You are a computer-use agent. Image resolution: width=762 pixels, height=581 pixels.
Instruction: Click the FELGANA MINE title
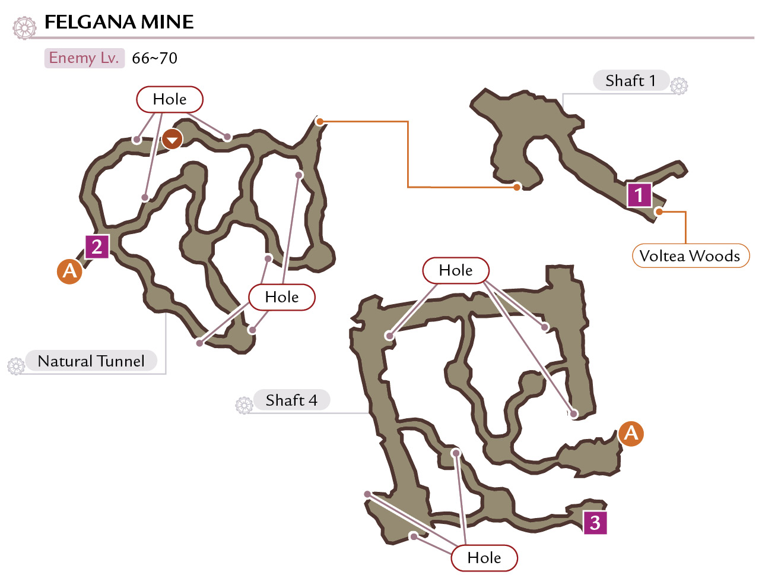[x=119, y=22]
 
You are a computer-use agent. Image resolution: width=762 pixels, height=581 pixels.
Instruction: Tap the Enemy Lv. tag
[x=84, y=58]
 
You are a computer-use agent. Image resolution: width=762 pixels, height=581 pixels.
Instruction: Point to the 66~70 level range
[x=154, y=58]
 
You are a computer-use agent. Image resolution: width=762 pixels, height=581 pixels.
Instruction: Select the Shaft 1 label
[x=630, y=81]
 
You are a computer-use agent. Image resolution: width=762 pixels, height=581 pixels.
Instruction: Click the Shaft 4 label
[x=291, y=400]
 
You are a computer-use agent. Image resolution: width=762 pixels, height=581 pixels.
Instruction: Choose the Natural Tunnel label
[x=91, y=361]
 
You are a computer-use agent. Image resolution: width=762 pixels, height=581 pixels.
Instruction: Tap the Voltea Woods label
[x=690, y=256]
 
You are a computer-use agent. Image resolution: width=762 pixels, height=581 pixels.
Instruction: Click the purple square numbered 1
[x=639, y=195]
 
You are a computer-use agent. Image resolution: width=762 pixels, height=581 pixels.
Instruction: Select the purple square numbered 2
[x=97, y=247]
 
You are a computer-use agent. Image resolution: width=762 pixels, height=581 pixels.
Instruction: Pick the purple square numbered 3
[x=595, y=523]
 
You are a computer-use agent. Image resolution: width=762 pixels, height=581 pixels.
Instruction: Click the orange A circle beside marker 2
[x=69, y=271]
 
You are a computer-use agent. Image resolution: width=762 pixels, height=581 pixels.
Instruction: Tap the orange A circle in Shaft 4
[x=631, y=434]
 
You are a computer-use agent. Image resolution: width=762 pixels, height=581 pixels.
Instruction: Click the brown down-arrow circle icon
[x=172, y=139]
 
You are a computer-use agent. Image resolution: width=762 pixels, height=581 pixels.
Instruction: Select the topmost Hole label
[x=170, y=99]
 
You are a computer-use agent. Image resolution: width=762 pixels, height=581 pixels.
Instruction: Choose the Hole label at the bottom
[x=484, y=558]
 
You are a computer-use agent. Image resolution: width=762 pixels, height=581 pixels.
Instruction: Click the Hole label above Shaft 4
[x=456, y=270]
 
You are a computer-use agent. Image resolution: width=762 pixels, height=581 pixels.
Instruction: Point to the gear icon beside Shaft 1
[x=679, y=86]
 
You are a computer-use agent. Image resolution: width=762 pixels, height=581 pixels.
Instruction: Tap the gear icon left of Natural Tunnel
[x=16, y=366]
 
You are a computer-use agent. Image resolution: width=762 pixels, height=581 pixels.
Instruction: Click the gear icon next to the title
[x=25, y=28]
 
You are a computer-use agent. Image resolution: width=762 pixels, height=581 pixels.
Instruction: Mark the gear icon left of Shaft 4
[x=244, y=405]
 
